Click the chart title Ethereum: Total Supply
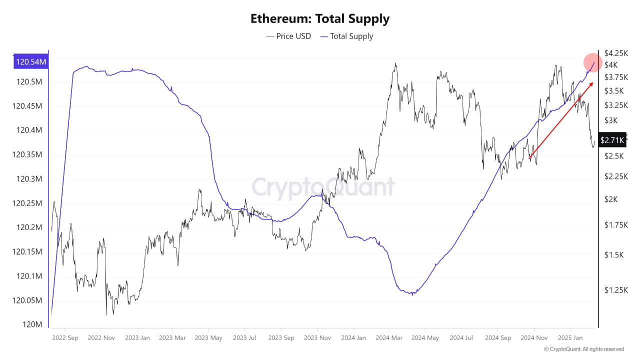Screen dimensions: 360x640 click(319, 19)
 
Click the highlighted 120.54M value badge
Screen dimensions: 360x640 click(31, 62)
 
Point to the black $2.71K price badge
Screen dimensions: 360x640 click(612, 140)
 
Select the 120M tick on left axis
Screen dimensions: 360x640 click(31, 324)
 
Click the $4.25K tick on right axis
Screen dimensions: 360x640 click(615, 53)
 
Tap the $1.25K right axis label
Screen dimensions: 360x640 click(615, 290)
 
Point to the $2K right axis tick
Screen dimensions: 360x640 click(610, 199)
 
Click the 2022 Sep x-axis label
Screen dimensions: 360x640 click(65, 338)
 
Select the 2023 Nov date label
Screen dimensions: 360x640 click(317, 338)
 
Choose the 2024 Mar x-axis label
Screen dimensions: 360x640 click(388, 338)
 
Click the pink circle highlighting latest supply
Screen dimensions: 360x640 click(593, 63)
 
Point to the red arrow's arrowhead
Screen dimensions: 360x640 click(591, 83)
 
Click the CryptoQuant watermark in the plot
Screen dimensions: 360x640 click(322, 187)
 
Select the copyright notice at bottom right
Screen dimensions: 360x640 click(583, 349)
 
